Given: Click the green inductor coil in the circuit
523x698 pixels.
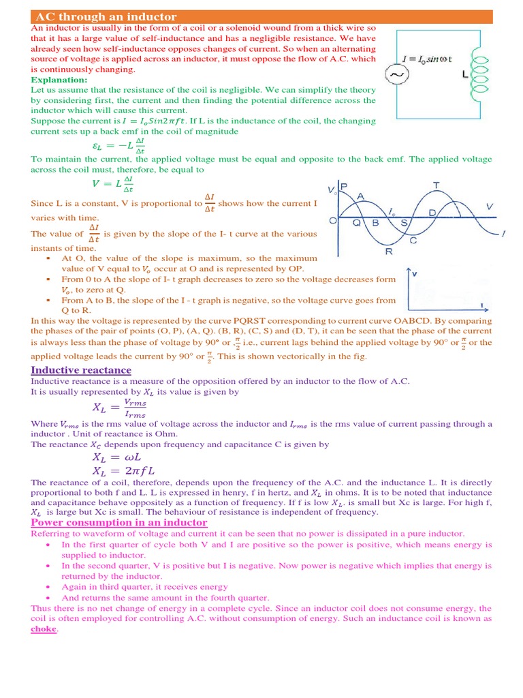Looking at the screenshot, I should pyautogui.click(x=479, y=74).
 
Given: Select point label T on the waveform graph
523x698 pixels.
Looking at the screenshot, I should pyautogui.click(x=437, y=185).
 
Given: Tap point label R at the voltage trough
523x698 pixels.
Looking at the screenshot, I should pyautogui.click(x=388, y=252).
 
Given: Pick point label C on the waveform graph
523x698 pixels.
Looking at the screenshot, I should pyautogui.click(x=413, y=241).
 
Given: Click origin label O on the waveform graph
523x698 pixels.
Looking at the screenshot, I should pyautogui.click(x=332, y=221).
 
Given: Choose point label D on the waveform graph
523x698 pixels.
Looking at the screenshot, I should pyautogui.click(x=432, y=213).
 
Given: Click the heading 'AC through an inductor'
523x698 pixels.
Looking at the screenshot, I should pyautogui.click(x=106, y=16).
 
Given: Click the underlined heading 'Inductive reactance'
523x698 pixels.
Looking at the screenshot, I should pyautogui.click(x=81, y=370).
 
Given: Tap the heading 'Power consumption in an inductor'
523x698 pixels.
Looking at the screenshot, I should pyautogui.click(x=119, y=522).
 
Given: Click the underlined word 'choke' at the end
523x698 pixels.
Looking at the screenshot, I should pyautogui.click(x=44, y=628).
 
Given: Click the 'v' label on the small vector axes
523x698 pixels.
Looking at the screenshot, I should pyautogui.click(x=415, y=274).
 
